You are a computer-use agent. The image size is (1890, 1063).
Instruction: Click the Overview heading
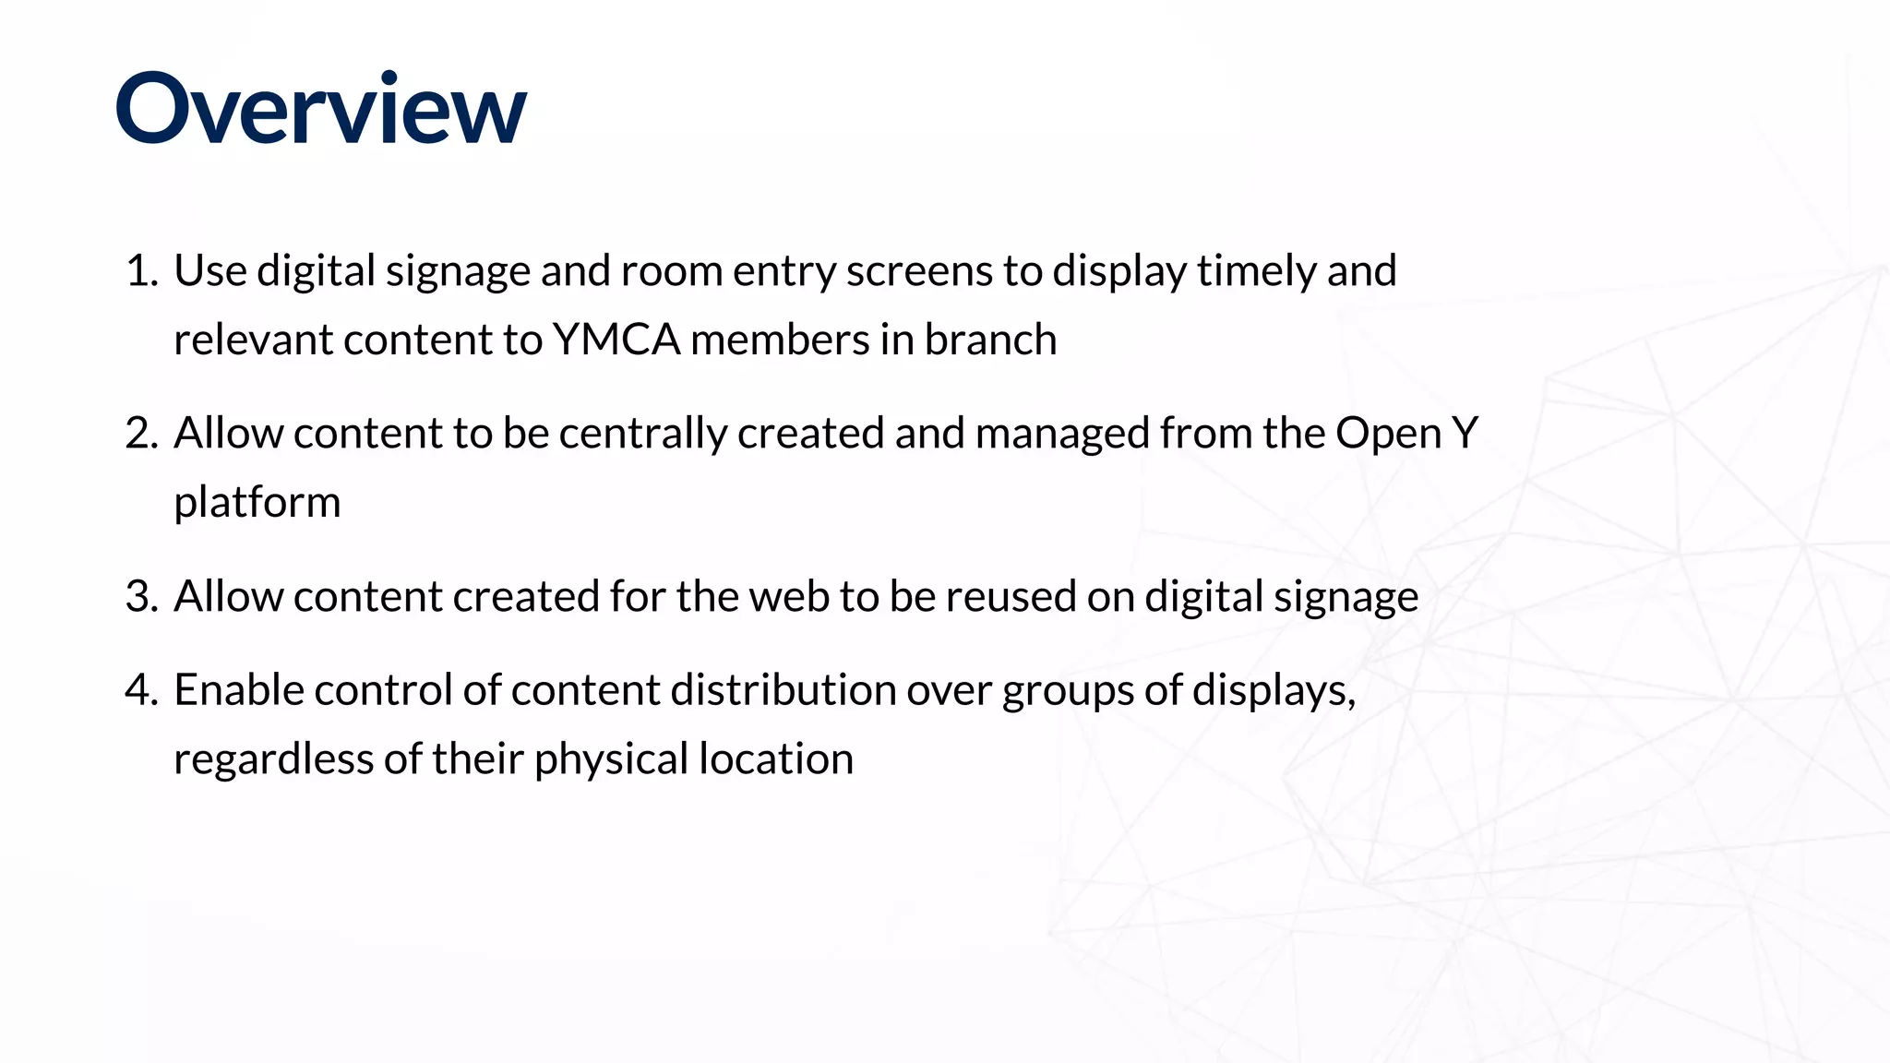[320, 109]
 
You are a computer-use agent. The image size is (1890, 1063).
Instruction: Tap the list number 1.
[141, 271]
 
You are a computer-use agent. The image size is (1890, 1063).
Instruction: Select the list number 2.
[141, 434]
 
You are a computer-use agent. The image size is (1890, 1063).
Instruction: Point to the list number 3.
[141, 596]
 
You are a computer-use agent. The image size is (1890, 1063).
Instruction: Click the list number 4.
[141, 690]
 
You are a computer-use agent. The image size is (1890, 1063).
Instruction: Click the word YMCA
[616, 340]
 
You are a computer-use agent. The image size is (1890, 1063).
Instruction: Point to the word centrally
[642, 434]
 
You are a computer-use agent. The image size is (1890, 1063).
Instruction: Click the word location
[775, 759]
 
